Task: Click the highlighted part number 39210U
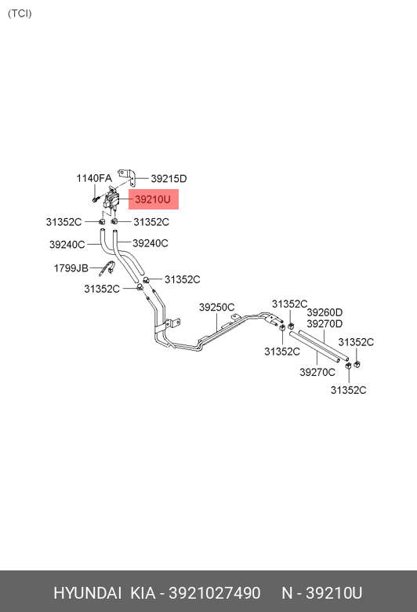coord(153,199)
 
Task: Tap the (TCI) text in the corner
coord(20,13)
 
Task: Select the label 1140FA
coord(94,178)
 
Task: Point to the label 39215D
coord(169,179)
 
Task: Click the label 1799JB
coord(71,268)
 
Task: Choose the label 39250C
coord(217,308)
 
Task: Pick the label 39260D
coord(325,312)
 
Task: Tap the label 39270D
coord(325,324)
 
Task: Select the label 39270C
coord(317,373)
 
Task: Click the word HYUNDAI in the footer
coord(87,593)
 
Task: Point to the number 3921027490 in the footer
coord(215,593)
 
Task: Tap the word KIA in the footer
coord(143,593)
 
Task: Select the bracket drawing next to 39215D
coord(131,177)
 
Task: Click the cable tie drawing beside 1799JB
coord(108,268)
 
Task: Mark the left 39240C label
coord(67,245)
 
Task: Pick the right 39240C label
coord(150,243)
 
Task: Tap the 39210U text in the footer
coord(334,593)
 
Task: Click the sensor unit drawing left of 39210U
coord(111,199)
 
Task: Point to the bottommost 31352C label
coord(349,390)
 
